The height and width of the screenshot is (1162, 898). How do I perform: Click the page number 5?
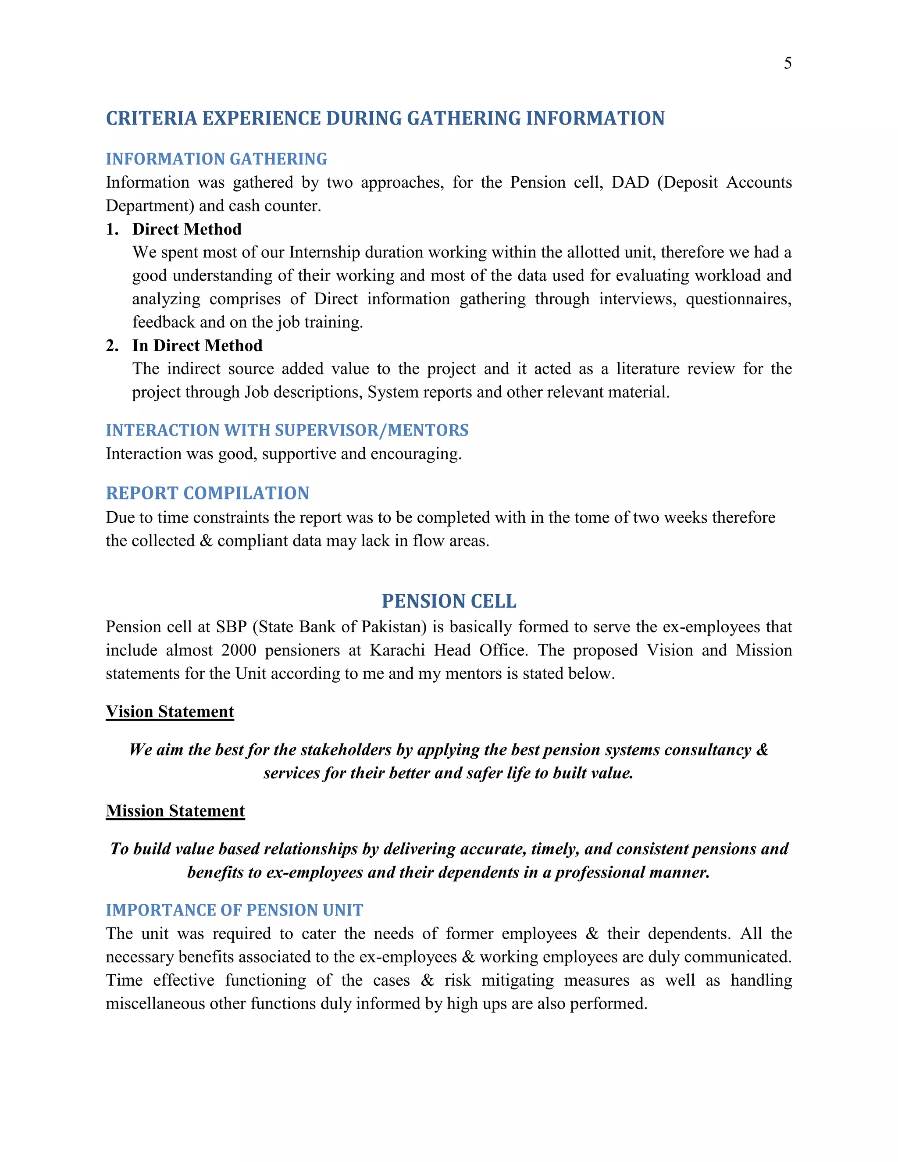788,63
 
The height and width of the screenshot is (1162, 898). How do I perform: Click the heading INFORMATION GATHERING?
216,159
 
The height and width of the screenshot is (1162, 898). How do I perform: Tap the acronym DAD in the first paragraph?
630,182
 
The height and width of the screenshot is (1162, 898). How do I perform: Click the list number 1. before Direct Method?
112,229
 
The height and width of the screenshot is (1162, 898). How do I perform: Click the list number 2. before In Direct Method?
112,346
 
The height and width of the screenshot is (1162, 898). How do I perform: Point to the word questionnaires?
738,299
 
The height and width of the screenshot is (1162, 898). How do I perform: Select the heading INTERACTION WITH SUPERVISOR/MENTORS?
287,430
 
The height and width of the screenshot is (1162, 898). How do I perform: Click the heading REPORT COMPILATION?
207,493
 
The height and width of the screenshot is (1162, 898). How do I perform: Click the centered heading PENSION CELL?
449,601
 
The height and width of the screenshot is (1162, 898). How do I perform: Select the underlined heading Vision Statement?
170,711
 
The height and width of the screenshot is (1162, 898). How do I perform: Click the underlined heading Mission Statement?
175,810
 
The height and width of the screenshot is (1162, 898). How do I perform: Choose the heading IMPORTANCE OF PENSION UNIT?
234,910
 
